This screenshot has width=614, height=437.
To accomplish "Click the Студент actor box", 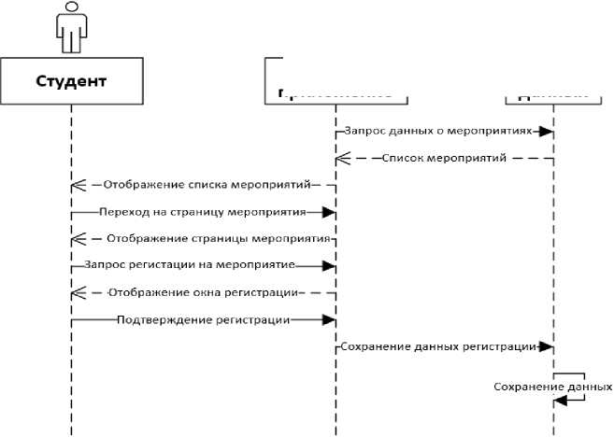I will (x=71, y=80).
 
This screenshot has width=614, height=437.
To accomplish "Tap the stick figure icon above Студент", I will (x=71, y=27).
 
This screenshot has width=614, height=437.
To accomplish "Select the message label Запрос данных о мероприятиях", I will (x=436, y=132).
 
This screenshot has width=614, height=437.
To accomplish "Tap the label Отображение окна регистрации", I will (x=203, y=293).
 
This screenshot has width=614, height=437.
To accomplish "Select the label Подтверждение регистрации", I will (x=203, y=320).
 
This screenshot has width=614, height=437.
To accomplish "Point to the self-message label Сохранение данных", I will (x=553, y=386).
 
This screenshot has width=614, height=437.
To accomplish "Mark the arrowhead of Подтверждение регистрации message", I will (x=328, y=320).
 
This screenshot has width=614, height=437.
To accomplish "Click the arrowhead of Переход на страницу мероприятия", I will (x=328, y=213).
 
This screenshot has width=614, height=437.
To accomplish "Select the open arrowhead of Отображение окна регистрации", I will (x=78, y=293).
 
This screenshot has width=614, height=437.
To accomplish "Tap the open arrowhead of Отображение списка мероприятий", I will (x=78, y=186).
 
